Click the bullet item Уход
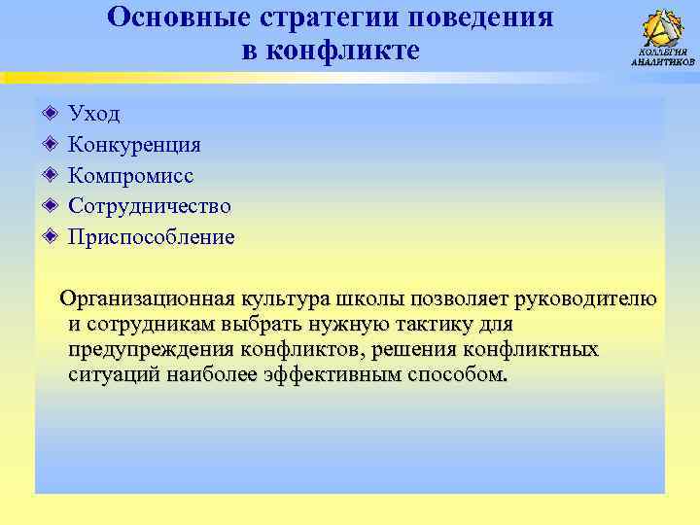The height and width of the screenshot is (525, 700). click(x=94, y=114)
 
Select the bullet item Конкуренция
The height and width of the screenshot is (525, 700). click(x=134, y=145)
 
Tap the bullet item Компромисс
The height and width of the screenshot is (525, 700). click(x=130, y=176)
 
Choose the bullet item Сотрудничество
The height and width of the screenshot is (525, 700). click(x=149, y=206)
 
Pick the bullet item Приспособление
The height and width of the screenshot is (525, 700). click(x=151, y=237)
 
